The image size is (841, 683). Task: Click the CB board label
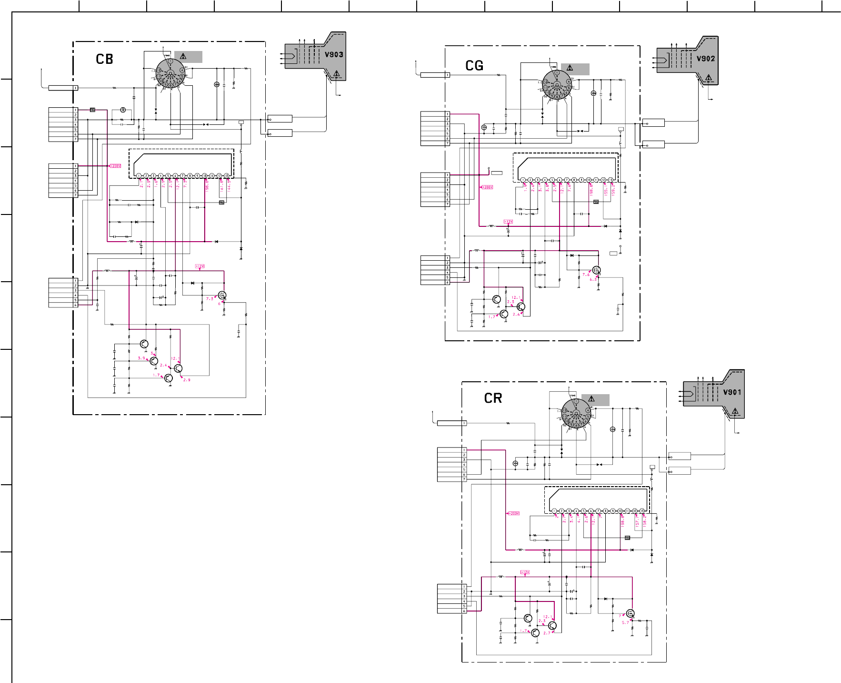point(104,59)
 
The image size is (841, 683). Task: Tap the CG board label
point(474,66)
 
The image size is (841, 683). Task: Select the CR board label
point(493,398)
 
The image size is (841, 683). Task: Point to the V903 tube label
point(334,54)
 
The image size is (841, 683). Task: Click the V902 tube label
point(706,59)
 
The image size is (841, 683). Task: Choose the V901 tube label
point(732,392)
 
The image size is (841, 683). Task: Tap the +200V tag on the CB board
point(115,166)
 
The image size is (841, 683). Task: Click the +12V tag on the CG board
point(509,222)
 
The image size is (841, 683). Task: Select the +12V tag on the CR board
point(525,572)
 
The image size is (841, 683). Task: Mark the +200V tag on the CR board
point(513,513)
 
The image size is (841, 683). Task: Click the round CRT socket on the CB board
point(170,73)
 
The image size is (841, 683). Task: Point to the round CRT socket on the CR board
point(576,413)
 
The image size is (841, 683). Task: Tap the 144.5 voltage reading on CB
point(229,185)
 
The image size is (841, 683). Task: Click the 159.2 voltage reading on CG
point(613,190)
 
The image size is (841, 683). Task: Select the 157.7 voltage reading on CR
point(637,523)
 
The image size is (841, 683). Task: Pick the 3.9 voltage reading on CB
point(141,358)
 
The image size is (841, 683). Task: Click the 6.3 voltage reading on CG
point(593,280)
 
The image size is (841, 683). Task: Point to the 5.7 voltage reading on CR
point(625,622)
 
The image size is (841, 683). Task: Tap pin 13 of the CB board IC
point(227,176)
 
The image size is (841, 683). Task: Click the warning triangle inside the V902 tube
point(709,77)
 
